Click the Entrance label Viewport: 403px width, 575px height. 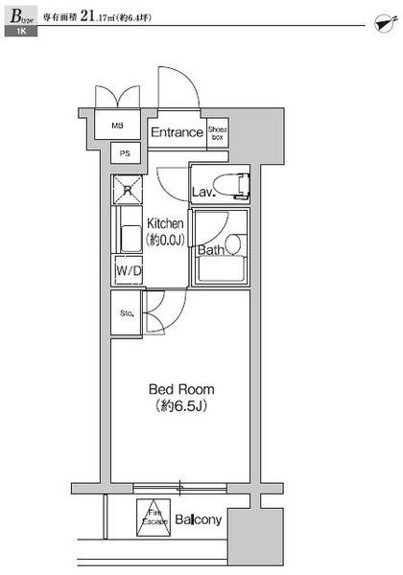177,132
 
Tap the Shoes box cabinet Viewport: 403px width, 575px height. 218,133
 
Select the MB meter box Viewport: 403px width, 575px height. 117,125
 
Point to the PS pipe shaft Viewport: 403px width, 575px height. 126,153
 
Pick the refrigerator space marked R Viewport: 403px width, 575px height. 127,190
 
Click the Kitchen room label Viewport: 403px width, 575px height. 165,223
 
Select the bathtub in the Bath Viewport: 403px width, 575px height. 221,268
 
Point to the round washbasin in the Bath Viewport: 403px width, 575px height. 233,244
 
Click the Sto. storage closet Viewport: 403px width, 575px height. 127,312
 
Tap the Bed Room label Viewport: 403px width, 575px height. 181,389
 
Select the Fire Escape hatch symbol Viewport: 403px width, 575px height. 154,517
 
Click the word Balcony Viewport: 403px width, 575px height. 199,519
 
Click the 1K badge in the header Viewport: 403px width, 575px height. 21,32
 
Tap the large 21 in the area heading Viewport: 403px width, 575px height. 87,16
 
